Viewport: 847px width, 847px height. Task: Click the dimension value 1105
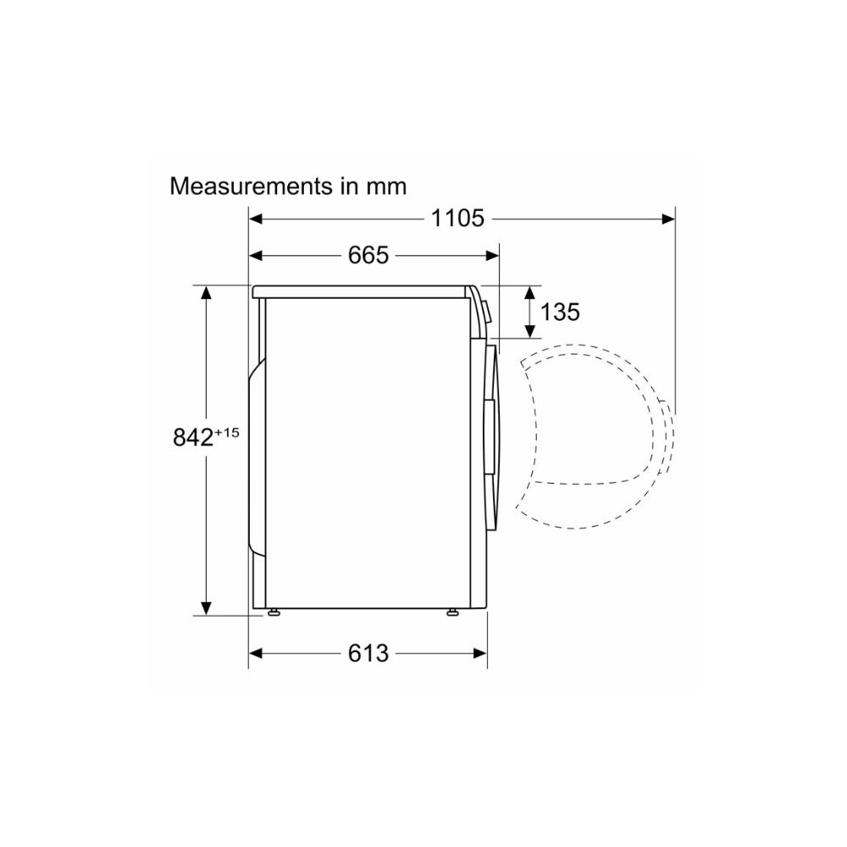coord(457,219)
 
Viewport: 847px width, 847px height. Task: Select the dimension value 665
coord(368,256)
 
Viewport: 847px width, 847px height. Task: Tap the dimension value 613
coord(368,654)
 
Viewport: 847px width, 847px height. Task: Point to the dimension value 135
coord(560,313)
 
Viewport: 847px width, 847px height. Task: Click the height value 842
coord(193,438)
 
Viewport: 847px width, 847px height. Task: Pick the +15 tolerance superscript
coord(227,433)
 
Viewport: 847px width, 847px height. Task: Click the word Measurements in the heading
coord(251,186)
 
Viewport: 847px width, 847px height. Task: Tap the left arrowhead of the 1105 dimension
coord(256,219)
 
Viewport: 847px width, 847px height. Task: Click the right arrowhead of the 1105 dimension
coord(669,219)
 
